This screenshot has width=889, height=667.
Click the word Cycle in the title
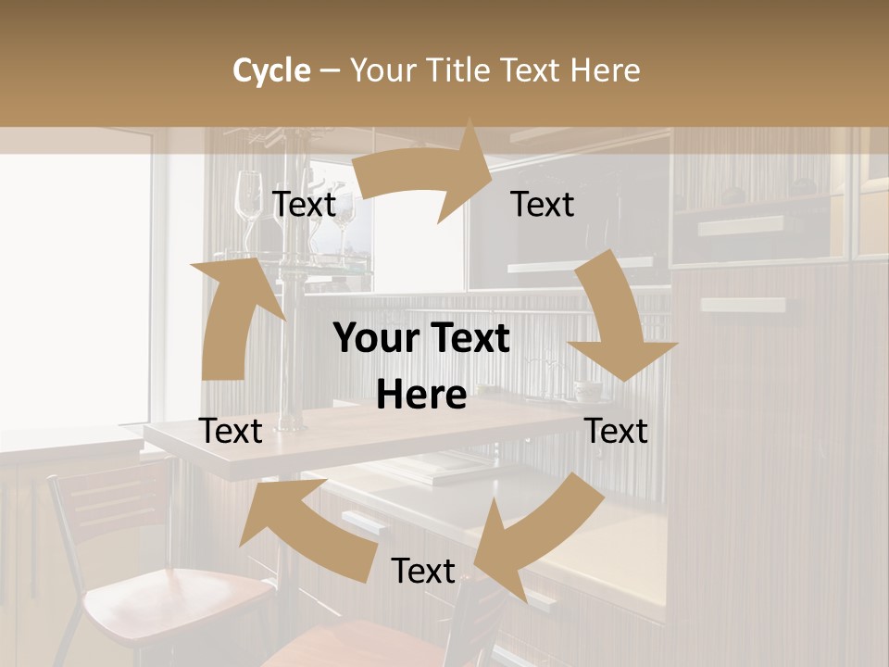271,70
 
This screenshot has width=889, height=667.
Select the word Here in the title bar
606,70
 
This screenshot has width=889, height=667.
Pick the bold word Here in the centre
421,396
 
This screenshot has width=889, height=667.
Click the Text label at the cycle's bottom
423,571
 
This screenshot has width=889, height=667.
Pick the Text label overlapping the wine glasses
304,204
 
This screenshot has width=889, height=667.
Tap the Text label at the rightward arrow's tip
543,204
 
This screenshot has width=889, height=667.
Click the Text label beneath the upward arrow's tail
232,431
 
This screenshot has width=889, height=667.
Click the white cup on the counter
587,391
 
